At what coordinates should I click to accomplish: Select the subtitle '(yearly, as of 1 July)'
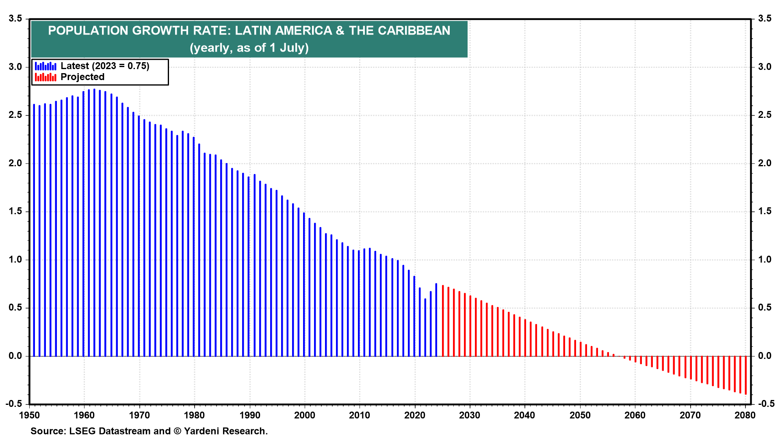pyautogui.click(x=249, y=48)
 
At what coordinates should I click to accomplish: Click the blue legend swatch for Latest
pyautogui.click(x=45, y=66)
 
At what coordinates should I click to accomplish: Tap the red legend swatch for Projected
pyautogui.click(x=45, y=77)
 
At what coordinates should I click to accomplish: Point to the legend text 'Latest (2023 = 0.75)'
pyautogui.click(x=105, y=66)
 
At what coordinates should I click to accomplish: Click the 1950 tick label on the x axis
pyautogui.click(x=29, y=415)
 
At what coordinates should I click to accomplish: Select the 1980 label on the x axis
pyautogui.click(x=194, y=415)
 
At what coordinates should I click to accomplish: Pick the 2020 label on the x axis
pyautogui.click(x=415, y=415)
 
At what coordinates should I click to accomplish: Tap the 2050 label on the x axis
pyautogui.click(x=580, y=415)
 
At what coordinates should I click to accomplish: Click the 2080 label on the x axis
pyautogui.click(x=745, y=415)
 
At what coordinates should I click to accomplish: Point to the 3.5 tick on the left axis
pyautogui.click(x=15, y=19)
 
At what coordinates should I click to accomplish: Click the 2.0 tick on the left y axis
pyautogui.click(x=15, y=163)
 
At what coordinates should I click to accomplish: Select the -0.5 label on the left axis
pyautogui.click(x=14, y=404)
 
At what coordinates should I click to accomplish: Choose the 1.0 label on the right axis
pyautogui.click(x=765, y=260)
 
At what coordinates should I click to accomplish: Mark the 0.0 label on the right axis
pyautogui.click(x=765, y=356)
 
